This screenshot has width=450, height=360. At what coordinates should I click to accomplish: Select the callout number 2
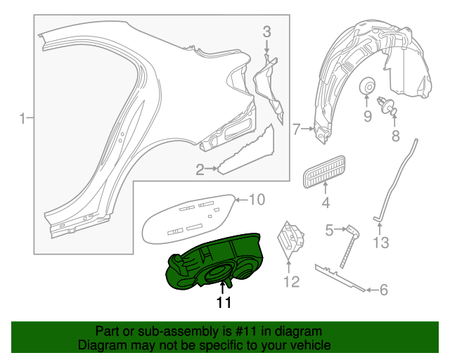pyautogui.click(x=200, y=169)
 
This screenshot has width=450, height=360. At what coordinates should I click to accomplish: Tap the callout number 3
pyautogui.click(x=266, y=31)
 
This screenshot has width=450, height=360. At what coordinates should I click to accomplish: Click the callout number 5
pyautogui.click(x=329, y=229)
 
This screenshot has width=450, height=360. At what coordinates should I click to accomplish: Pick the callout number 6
pyautogui.click(x=383, y=288)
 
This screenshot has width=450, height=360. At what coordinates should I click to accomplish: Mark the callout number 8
pyautogui.click(x=395, y=135)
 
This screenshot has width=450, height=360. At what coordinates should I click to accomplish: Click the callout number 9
pyautogui.click(x=367, y=116)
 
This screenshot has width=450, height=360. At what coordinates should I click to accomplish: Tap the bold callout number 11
pyautogui.click(x=224, y=303)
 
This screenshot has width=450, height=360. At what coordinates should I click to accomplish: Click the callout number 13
pyautogui.click(x=380, y=243)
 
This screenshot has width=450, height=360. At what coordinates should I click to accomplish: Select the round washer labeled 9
pyautogui.click(x=367, y=87)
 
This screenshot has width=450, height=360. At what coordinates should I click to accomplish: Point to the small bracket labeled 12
pyautogui.click(x=291, y=238)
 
